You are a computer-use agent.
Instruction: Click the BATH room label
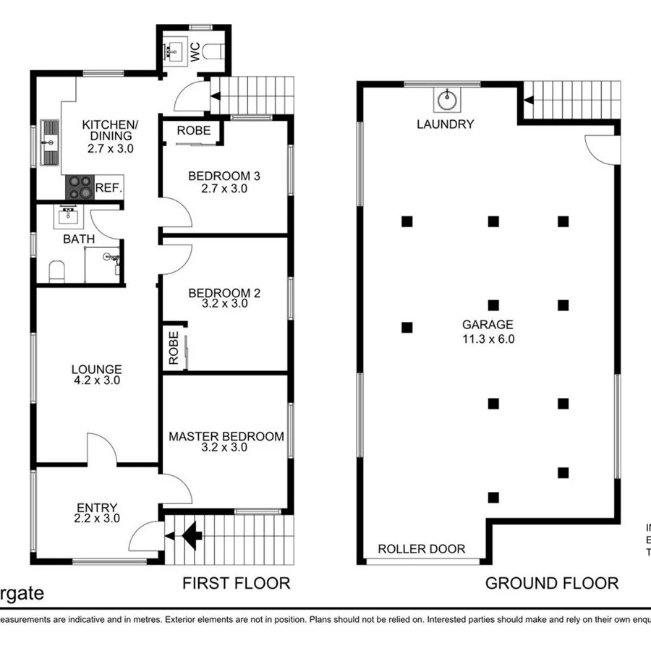click(76, 239)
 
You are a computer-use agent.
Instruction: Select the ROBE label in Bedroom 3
click(194, 131)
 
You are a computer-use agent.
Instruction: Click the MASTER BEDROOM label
click(226, 436)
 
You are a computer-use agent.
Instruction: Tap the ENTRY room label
click(96, 508)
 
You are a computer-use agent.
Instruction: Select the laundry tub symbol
click(447, 97)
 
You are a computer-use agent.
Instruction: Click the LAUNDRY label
click(445, 124)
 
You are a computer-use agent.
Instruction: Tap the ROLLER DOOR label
click(422, 549)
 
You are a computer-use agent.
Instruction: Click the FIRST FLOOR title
click(236, 583)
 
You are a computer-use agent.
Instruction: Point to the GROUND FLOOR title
click(551, 583)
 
